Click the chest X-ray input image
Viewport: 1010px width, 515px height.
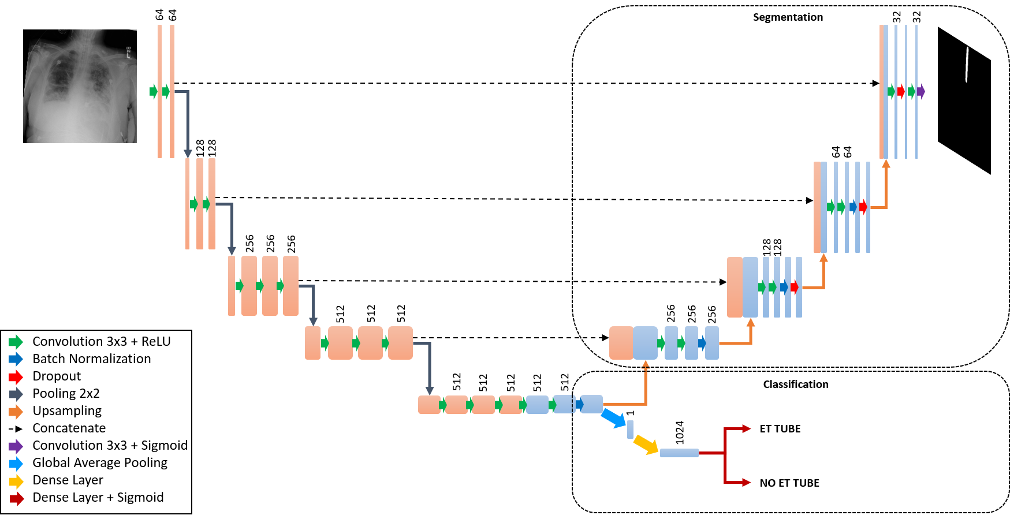[x=80, y=86]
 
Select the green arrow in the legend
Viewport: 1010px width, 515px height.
[x=16, y=342]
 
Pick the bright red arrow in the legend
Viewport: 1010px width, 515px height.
[x=16, y=377]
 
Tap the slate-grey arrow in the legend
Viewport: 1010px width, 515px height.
[x=16, y=394]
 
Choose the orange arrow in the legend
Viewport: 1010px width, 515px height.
[x=16, y=412]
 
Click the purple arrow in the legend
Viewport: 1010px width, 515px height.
[x=16, y=446]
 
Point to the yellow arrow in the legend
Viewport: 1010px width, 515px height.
[x=16, y=482]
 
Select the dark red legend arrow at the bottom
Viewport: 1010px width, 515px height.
[x=17, y=499]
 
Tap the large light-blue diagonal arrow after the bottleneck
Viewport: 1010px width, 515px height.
[x=613, y=418]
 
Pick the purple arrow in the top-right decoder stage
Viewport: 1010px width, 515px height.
[x=920, y=91]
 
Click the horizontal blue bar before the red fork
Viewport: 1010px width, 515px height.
[x=679, y=453]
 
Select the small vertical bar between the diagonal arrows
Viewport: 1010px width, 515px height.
[x=630, y=429]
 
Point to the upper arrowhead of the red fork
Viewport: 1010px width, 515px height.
[x=747, y=428]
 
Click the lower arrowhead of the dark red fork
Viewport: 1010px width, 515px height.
[x=747, y=482]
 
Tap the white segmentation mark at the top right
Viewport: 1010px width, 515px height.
[x=967, y=65]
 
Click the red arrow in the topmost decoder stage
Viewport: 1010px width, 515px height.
[x=901, y=91]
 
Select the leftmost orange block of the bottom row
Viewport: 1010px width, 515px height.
[x=428, y=405]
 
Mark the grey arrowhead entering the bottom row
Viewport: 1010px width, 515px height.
[x=430, y=391]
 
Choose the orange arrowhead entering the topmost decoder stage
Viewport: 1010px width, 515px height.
[x=886, y=164]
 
